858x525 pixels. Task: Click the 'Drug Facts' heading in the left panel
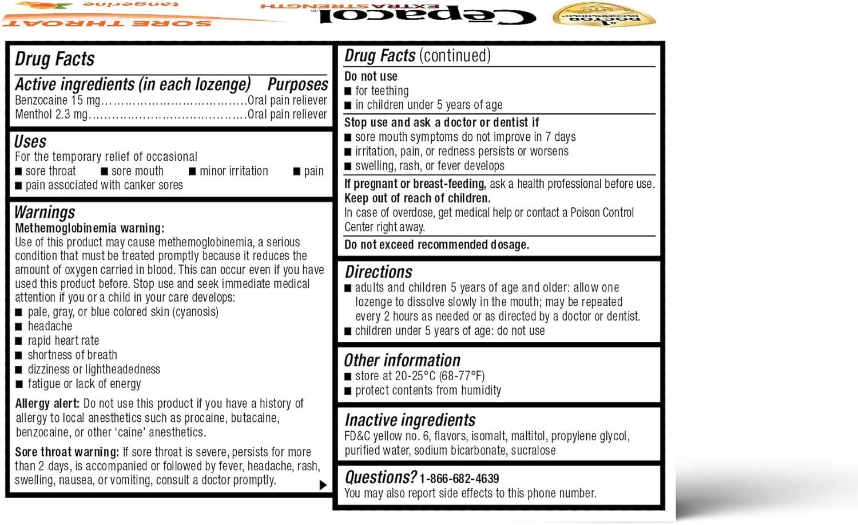[55, 59]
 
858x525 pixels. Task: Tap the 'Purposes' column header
[297, 85]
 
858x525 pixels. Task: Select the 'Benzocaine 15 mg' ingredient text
[57, 100]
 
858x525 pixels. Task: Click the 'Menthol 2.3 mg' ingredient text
[51, 115]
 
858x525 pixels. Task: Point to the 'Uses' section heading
[30, 141]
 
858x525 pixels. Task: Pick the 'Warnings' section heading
[45, 212]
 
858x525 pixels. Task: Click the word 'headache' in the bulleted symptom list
[50, 326]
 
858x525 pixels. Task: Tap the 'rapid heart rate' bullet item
[63, 341]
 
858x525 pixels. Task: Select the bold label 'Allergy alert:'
[47, 404]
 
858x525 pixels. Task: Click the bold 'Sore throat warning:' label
[67, 452]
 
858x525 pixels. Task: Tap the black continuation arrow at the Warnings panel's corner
[323, 485]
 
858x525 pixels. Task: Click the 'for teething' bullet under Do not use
[382, 91]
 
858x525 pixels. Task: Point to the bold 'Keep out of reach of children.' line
[417, 199]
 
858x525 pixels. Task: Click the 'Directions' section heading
[378, 272]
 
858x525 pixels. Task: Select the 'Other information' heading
[402, 360]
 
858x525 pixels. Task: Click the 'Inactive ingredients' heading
[410, 420]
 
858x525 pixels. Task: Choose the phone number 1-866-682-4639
[459, 479]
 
